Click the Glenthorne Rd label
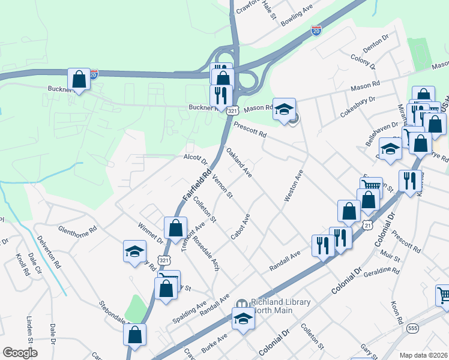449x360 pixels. tap(77, 229)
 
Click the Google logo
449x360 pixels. tap(20, 353)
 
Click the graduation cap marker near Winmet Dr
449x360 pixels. tap(134, 252)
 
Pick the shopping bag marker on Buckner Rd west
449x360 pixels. tap(79, 79)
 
